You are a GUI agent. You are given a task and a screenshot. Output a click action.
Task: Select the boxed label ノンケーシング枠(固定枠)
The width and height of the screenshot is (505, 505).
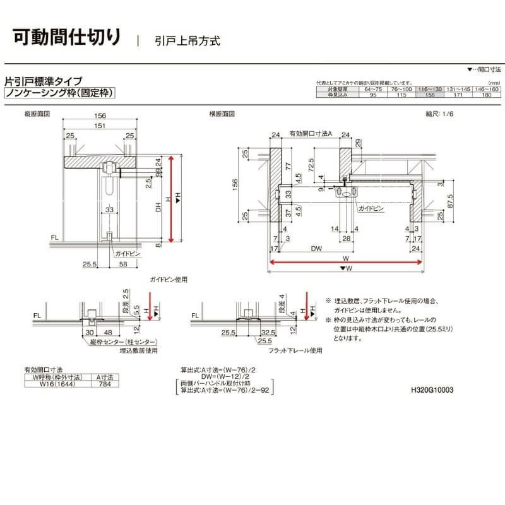click(59, 93)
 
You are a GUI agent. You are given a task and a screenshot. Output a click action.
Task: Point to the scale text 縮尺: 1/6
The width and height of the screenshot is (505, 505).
click(440, 114)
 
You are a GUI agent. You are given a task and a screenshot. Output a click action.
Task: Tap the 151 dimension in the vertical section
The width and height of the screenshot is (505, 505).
click(100, 126)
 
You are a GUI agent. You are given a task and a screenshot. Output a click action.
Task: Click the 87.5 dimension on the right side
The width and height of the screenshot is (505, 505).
click(449, 201)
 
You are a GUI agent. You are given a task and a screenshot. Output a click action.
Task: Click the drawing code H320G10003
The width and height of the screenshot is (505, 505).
click(432, 390)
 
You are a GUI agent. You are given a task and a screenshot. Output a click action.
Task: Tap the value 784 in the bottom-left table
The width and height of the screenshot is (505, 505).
click(103, 383)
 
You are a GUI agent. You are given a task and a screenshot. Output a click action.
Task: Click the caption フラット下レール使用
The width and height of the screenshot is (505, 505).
click(295, 350)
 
